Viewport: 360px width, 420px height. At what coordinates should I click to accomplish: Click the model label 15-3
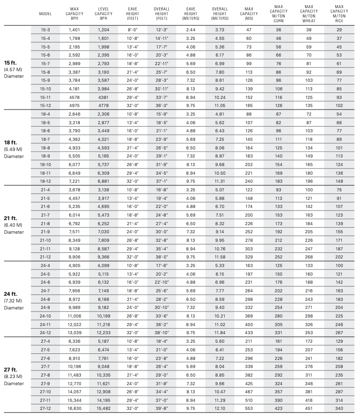click(x=45, y=30)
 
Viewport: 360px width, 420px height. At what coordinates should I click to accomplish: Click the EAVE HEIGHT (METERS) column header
click(x=191, y=14)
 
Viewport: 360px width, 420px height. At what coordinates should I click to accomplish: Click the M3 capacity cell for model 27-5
click(x=248, y=350)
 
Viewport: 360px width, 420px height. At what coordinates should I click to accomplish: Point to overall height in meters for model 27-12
click(x=220, y=408)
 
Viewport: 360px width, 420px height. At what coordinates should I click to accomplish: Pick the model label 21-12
click(x=45, y=256)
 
